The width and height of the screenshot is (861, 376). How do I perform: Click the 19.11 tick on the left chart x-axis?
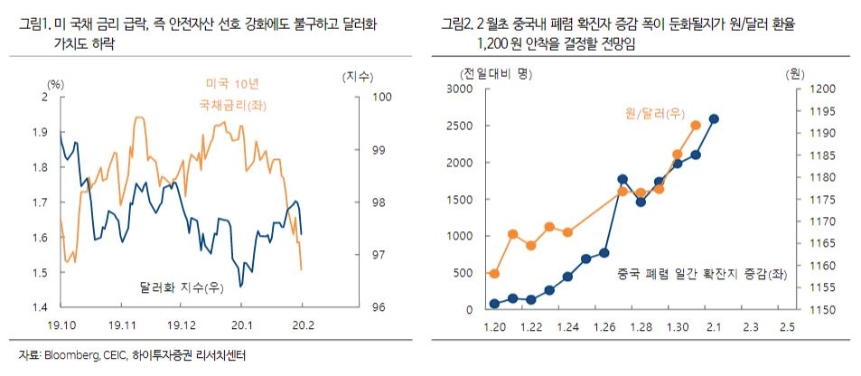[121, 324]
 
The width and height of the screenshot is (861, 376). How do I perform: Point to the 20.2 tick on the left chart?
[303, 324]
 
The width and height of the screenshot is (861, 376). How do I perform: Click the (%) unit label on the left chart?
[57, 83]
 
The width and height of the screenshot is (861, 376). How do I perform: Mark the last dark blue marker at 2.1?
[714, 118]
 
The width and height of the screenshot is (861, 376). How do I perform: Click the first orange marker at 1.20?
[494, 273]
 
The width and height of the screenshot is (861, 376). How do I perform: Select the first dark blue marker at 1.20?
[494, 304]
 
